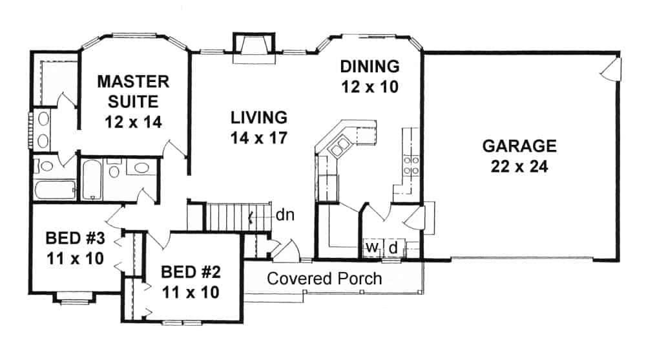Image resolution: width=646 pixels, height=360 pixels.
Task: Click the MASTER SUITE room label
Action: pos(133,101)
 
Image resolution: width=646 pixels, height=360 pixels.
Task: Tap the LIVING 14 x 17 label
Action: pos(258,127)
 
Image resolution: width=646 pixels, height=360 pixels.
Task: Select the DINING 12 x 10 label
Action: pos(370,76)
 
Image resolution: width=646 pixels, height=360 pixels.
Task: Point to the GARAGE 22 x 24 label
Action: pos(515,155)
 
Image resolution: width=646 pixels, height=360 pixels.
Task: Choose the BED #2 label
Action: pos(190,279)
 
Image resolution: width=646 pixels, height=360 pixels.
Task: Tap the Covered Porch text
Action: pos(324,279)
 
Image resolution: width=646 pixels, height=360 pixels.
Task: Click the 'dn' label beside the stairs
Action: pos(285,215)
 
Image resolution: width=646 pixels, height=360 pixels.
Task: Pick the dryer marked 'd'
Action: pos(392,248)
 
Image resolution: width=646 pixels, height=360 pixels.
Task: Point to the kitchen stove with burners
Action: pos(411,162)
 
